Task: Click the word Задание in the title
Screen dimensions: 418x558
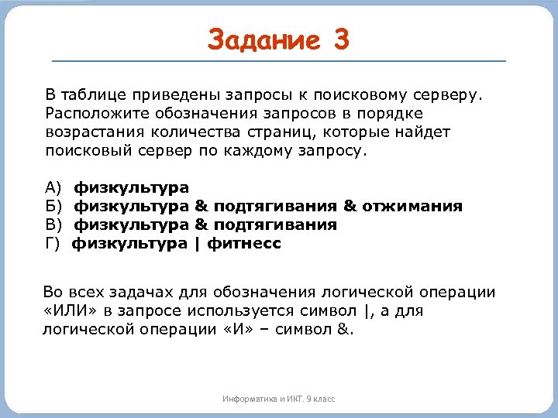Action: point(263,39)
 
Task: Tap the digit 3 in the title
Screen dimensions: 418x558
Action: point(342,39)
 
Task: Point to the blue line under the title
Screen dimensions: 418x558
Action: point(278,60)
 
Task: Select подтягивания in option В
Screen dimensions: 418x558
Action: point(275,225)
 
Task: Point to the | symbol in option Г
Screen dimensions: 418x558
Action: point(197,244)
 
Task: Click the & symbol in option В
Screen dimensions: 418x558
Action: point(201,225)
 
